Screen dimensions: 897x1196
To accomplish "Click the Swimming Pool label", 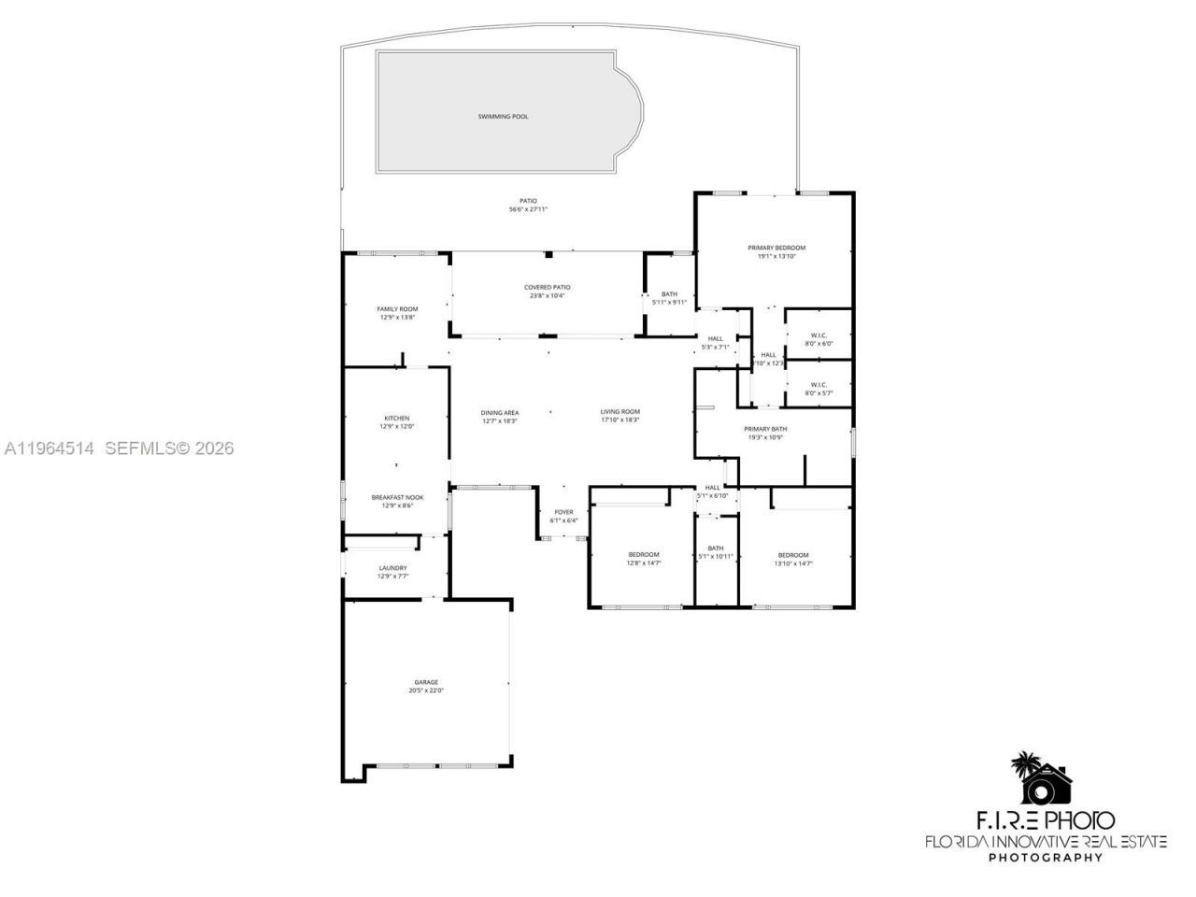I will point(503,117).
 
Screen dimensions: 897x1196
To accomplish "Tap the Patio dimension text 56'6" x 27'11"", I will point(528,209).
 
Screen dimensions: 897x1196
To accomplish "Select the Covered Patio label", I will point(547,287).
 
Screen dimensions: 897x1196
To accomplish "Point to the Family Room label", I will point(397,309).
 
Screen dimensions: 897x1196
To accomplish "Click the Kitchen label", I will point(397,418).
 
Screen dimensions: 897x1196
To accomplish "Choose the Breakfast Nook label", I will point(397,497).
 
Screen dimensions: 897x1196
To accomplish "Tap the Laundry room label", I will point(392,567).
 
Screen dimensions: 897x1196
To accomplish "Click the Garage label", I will point(425,682).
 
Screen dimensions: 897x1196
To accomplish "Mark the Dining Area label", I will point(500,412).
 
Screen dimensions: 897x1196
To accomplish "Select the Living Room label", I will point(619,411).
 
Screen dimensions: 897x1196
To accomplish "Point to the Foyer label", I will point(563,512).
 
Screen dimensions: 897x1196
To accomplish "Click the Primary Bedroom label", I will point(776,248).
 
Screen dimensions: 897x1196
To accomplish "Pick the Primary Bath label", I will point(765,429).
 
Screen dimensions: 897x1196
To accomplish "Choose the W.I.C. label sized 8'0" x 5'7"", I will point(819,384).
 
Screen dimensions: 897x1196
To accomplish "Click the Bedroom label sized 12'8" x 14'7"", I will point(643,554).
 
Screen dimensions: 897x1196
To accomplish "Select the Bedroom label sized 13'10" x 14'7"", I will point(793,555).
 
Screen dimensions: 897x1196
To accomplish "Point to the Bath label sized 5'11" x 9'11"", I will point(669,294).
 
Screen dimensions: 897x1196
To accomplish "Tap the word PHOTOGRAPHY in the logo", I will point(1046,858).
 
